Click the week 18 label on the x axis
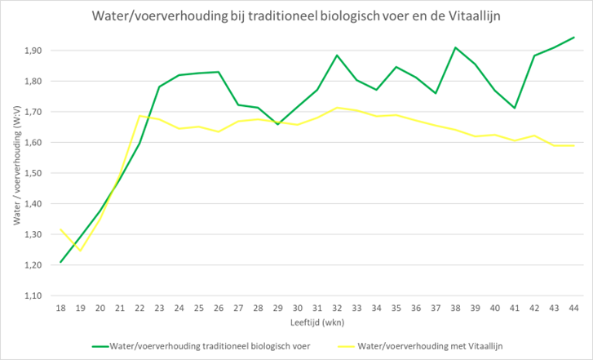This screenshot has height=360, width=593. (60, 308)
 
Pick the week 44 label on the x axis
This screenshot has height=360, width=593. (573, 308)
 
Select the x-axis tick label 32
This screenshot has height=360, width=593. (337, 308)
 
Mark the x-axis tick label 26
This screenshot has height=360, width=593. (219, 308)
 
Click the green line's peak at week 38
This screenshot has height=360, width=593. (455, 47)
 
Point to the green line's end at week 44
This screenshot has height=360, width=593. (573, 38)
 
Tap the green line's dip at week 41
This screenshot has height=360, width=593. (515, 108)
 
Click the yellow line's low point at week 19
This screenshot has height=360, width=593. (80, 250)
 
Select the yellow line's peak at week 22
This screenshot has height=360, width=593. (139, 115)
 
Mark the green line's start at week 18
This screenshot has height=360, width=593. (60, 262)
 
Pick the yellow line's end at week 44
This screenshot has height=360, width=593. (573, 145)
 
